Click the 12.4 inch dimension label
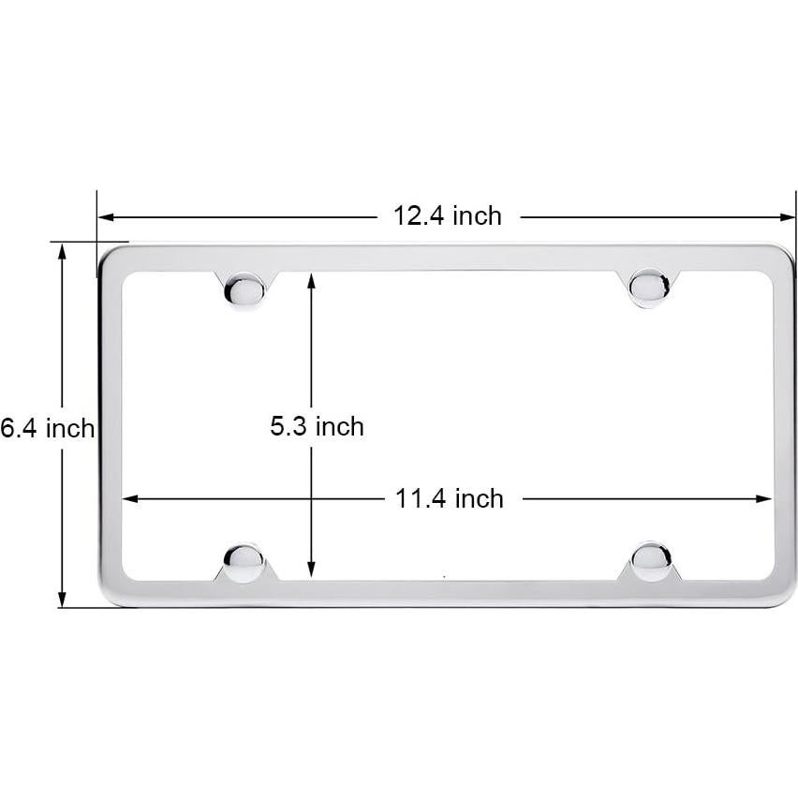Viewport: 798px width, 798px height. coord(447,216)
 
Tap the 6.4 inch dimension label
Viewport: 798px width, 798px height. coord(47,429)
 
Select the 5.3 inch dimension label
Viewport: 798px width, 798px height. coord(317,427)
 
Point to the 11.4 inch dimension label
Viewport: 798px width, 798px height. coord(449,498)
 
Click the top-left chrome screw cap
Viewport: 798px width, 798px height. coord(244,290)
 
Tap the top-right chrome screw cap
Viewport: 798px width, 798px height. coord(648,287)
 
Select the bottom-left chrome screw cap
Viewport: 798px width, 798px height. coord(244,562)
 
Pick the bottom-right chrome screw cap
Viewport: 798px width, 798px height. coord(651,560)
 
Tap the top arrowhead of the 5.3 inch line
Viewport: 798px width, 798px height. coord(311,279)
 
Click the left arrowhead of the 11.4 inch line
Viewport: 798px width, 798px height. coord(129,499)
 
